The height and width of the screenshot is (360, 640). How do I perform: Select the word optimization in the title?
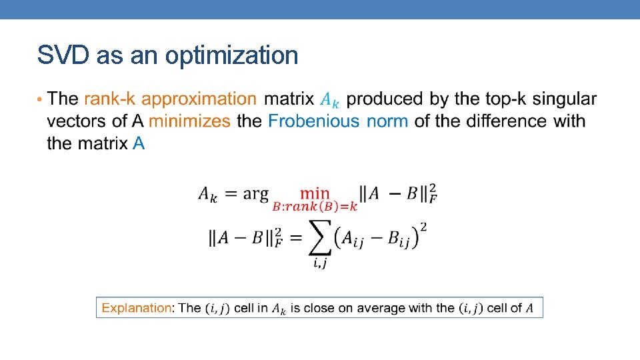coord(231,57)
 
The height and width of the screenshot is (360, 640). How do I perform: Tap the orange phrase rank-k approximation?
coord(170,99)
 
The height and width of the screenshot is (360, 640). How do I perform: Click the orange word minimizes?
coord(189,121)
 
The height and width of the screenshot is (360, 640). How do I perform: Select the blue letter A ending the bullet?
coord(139,143)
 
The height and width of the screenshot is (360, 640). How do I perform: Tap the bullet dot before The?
coord(40,99)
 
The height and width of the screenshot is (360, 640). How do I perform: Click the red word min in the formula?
coord(315,193)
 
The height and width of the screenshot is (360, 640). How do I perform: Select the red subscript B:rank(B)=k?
coord(315,207)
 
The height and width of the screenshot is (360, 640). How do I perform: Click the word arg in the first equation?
coord(255,194)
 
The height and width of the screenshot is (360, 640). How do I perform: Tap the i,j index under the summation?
coord(319,264)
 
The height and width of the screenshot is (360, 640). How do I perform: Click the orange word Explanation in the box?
coord(136,308)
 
